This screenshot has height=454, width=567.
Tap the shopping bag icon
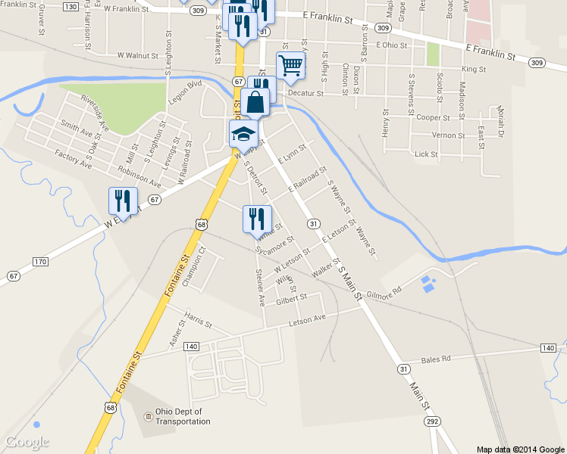click(x=256, y=101)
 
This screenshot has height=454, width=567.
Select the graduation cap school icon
click(x=243, y=133)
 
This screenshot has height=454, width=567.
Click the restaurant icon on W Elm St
click(x=123, y=201)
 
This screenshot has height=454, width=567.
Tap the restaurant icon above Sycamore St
click(x=256, y=219)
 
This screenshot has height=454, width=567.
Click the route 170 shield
click(x=40, y=263)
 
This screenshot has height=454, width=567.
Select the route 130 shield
click(x=70, y=7)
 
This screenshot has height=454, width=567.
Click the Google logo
click(x=27, y=442)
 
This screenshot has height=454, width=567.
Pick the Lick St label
click(x=427, y=154)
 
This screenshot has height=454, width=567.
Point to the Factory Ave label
click(x=73, y=159)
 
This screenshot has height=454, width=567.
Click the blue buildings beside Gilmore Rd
click(x=428, y=285)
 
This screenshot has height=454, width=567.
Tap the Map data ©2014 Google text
click(x=521, y=449)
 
